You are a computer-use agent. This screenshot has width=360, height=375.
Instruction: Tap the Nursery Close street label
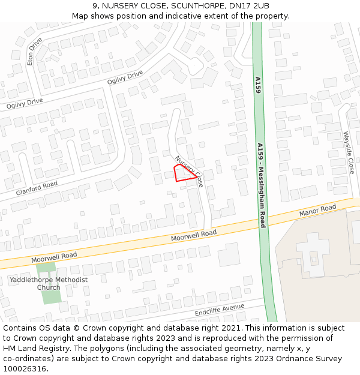pyautogui.click(x=190, y=171)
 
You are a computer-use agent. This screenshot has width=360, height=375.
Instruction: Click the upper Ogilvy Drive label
pyautogui.click(x=125, y=77)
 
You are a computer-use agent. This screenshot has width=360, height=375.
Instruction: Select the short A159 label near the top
pyautogui.click(x=257, y=85)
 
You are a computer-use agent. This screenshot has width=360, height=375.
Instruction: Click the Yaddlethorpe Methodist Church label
pyautogui.click(x=49, y=283)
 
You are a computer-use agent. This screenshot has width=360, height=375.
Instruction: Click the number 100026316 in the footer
pyautogui.click(x=25, y=368)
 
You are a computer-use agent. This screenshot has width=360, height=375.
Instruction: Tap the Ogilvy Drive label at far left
pyautogui.click(x=25, y=103)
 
